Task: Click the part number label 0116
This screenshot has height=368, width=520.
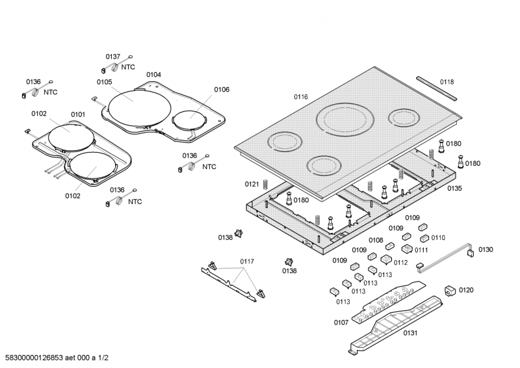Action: [300, 97]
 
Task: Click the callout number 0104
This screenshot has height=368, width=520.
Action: [153, 75]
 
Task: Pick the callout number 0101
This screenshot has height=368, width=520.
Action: [78, 114]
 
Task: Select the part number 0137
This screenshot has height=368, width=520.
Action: [113, 57]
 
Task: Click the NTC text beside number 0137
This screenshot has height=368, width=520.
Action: [128, 67]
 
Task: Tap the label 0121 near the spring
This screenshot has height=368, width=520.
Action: [252, 184]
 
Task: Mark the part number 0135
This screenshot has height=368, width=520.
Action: [454, 189]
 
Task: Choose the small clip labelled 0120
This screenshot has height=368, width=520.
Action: [449, 291]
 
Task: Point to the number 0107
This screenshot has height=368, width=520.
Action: [341, 322]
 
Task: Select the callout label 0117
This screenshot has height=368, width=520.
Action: [246, 261]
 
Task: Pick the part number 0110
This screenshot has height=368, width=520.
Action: [438, 237]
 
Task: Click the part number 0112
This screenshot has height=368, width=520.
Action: [400, 262]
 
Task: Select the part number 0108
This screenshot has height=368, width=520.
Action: [376, 240]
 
